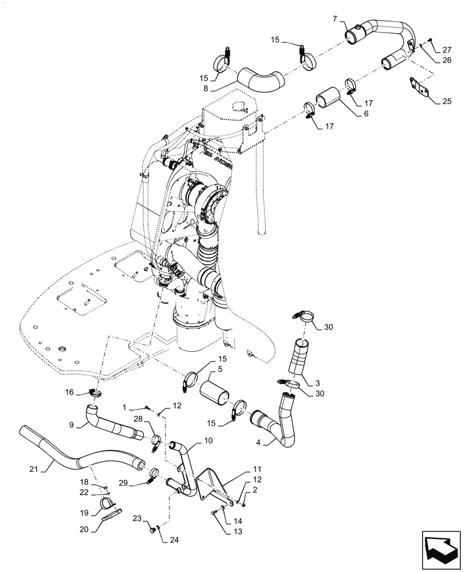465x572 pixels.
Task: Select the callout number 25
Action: (x=447, y=101)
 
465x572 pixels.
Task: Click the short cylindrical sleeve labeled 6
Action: (x=329, y=98)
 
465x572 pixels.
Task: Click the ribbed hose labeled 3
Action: (x=302, y=361)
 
